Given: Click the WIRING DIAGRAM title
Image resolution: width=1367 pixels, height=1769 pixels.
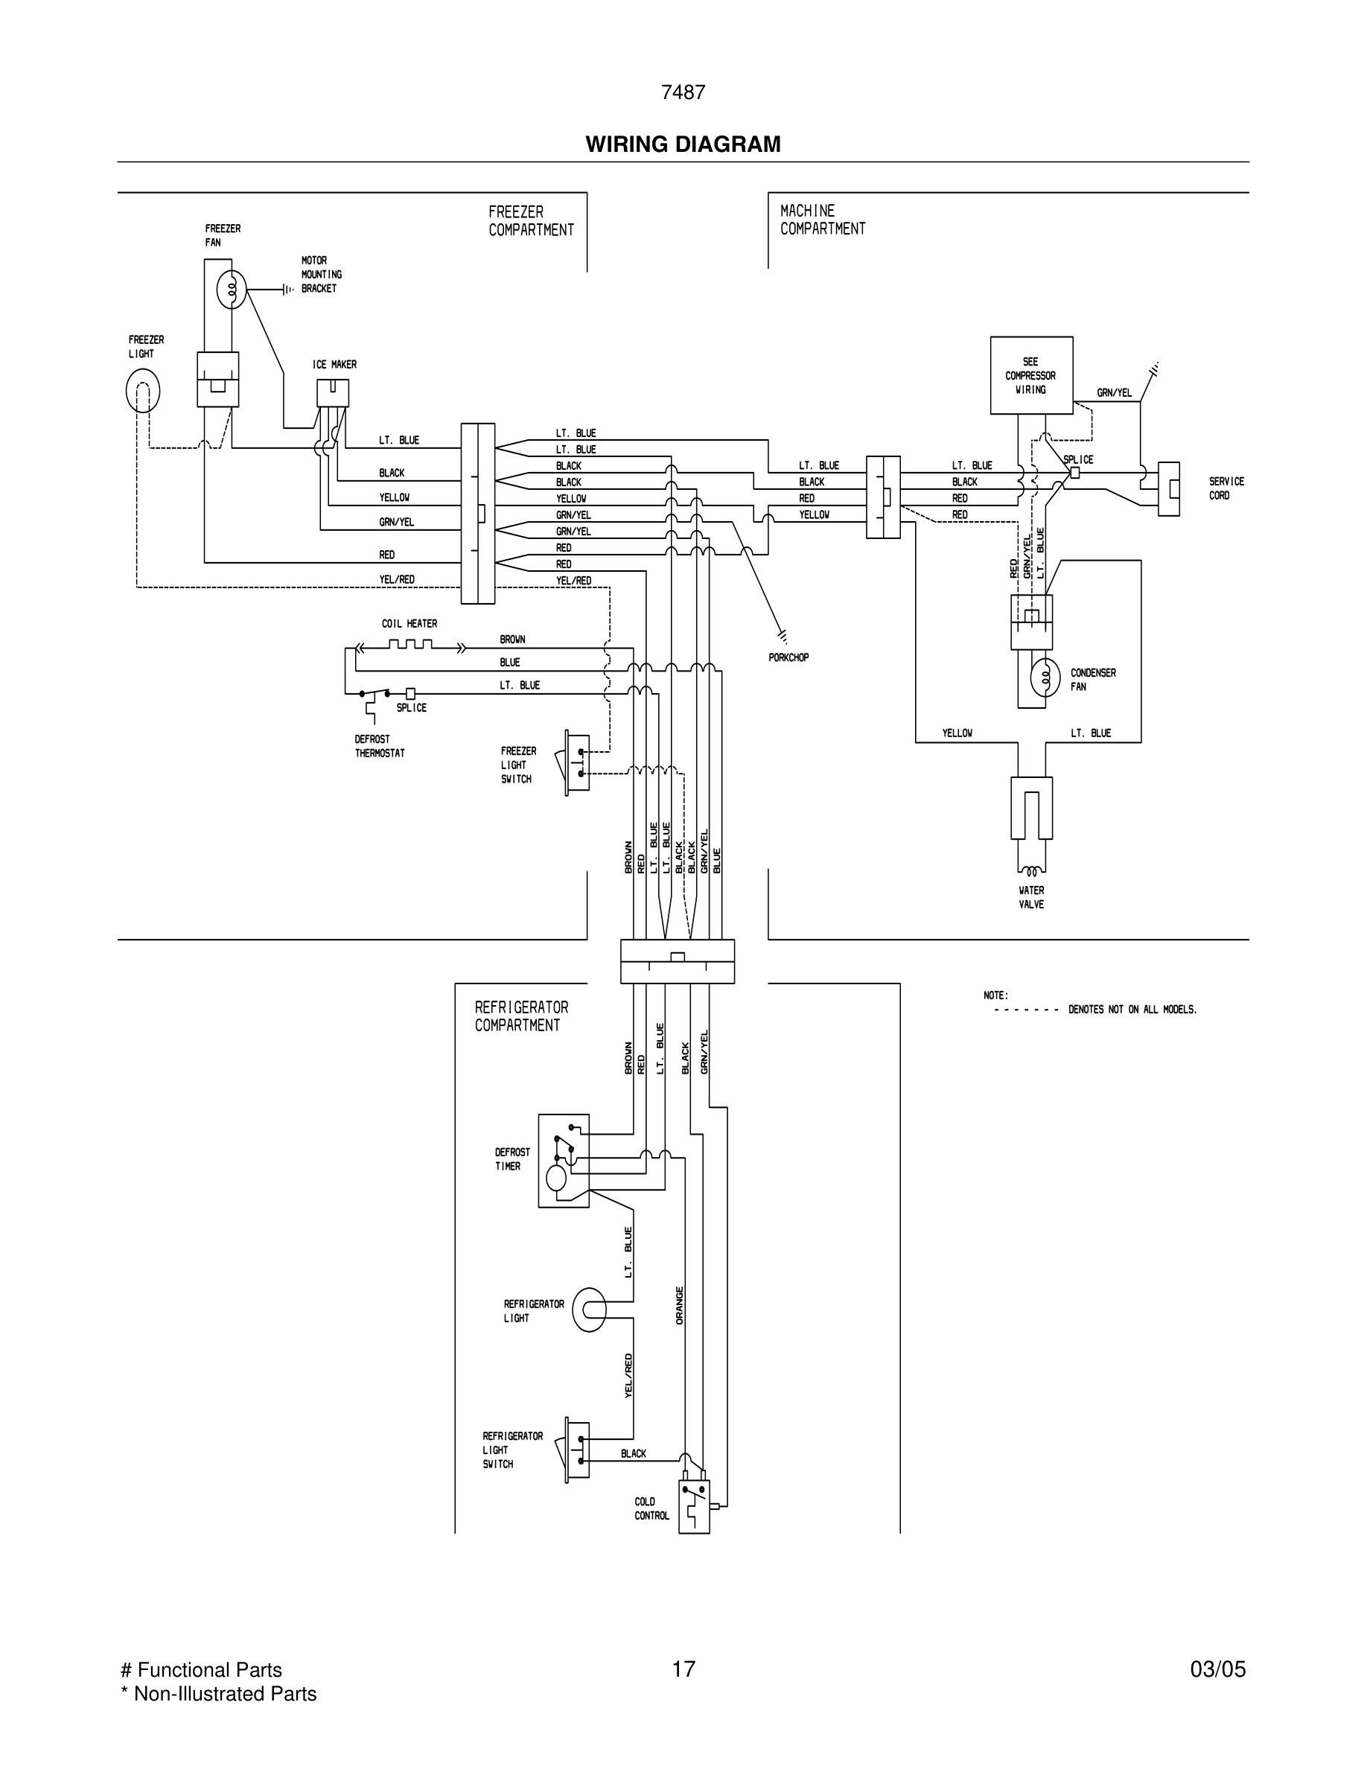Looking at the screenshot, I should pos(683,144).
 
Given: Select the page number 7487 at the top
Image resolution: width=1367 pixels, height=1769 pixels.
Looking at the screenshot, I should pos(683,93).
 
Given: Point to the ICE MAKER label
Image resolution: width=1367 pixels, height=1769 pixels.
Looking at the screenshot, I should pos(334,365).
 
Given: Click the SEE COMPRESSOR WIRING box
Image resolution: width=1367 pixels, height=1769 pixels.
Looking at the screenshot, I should pos(1031,376).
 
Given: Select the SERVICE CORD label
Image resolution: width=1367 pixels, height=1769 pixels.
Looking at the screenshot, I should pos(1226,488).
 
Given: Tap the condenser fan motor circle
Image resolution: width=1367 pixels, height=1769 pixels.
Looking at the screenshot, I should pos(1045,678).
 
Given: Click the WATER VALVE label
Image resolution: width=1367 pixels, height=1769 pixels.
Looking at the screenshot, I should pos(1031,897).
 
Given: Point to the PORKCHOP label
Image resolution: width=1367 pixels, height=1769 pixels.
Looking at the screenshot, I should pos(788,657).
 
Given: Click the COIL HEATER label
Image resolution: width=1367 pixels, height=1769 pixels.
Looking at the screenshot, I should pos(409,624).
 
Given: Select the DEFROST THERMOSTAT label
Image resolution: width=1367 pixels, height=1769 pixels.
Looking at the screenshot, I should pos(379,746).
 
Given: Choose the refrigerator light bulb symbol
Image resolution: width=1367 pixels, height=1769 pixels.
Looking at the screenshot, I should pos(589,1310).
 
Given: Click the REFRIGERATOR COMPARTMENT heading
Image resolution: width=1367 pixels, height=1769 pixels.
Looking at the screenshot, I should pos(520,1016).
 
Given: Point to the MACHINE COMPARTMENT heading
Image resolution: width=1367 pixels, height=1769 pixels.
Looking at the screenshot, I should pos(822,220).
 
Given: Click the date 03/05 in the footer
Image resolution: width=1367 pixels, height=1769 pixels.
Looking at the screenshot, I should pos(1217,1669).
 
